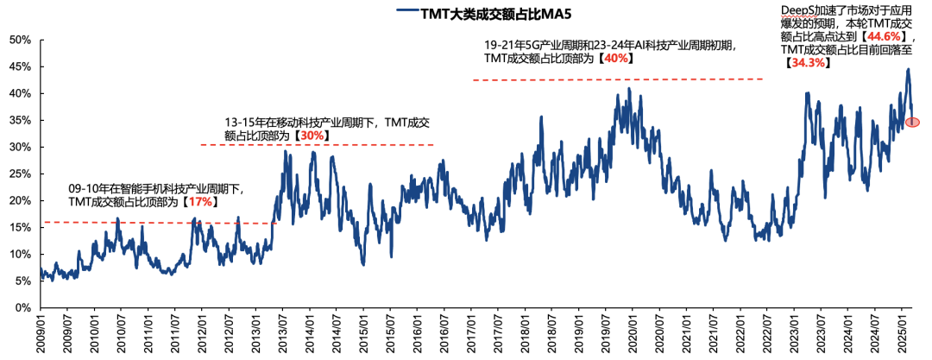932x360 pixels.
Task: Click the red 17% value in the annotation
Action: pyautogui.click(x=198, y=201)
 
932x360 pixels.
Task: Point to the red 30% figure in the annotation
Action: pyautogui.click(x=313, y=136)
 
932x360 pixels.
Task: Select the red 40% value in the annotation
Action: pyautogui.click(x=616, y=59)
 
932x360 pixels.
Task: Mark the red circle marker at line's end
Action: pyautogui.click(x=912, y=123)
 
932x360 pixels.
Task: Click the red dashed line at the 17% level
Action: pyautogui.click(x=155, y=223)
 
